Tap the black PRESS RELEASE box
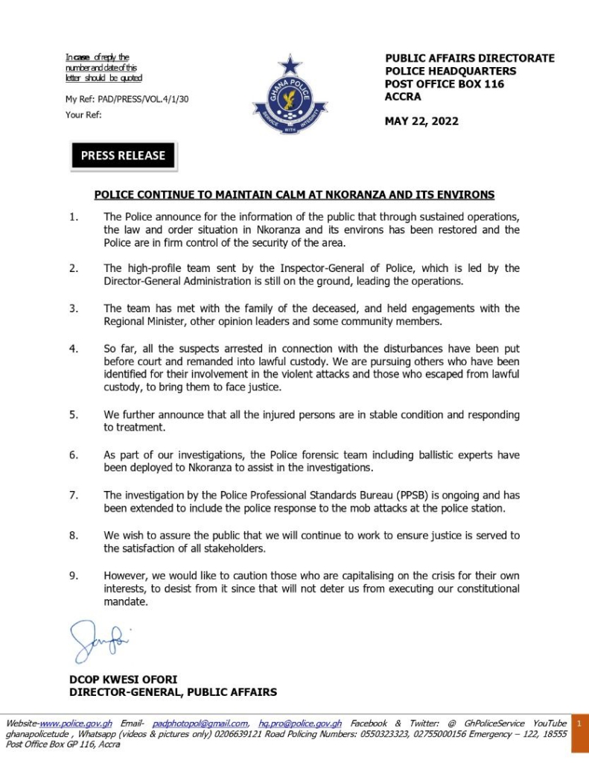123,156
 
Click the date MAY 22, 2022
421,121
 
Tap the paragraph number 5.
74,415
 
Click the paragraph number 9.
74,577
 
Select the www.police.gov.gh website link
76,724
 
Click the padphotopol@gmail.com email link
200,724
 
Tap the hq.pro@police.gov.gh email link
300,724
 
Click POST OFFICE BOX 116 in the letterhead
445,84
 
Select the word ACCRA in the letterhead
403,96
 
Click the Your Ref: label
83,115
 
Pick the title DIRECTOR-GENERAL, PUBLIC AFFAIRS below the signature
173,692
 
